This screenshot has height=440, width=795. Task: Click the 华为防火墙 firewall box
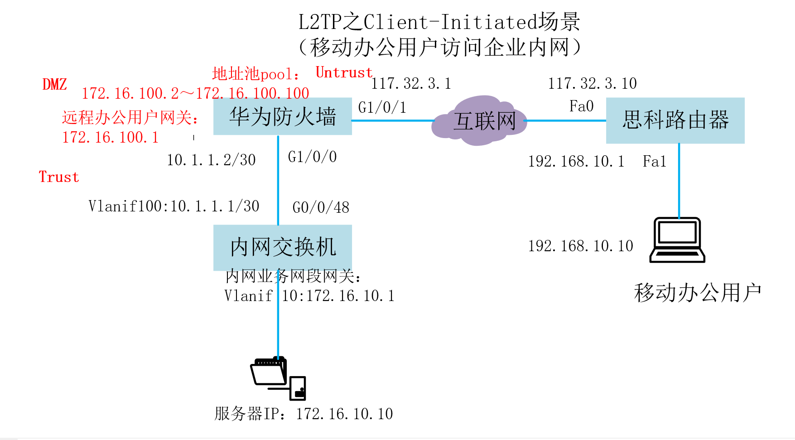tap(282, 116)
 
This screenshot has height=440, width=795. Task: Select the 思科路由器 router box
tap(675, 120)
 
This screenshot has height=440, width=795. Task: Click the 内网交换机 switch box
tap(282, 247)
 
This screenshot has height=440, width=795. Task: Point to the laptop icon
tap(677, 240)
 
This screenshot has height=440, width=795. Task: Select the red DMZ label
tap(54, 84)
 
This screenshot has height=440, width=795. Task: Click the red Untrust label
tap(344, 72)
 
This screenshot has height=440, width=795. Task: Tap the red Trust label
tap(59, 177)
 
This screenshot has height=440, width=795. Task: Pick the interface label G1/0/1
tap(382, 108)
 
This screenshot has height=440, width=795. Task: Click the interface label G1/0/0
tap(312, 157)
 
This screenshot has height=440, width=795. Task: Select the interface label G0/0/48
tap(321, 208)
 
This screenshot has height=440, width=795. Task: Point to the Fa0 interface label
tap(581, 106)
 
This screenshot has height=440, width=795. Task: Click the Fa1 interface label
tap(655, 162)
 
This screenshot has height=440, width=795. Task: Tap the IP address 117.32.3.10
tap(592, 84)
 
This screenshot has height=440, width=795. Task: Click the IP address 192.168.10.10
tap(580, 246)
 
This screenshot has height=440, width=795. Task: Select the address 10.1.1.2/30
tap(211, 160)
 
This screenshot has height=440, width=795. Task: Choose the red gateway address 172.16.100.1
tap(110, 138)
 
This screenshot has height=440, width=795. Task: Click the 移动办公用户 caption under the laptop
tap(697, 292)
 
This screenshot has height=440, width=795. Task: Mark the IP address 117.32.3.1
tap(411, 84)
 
